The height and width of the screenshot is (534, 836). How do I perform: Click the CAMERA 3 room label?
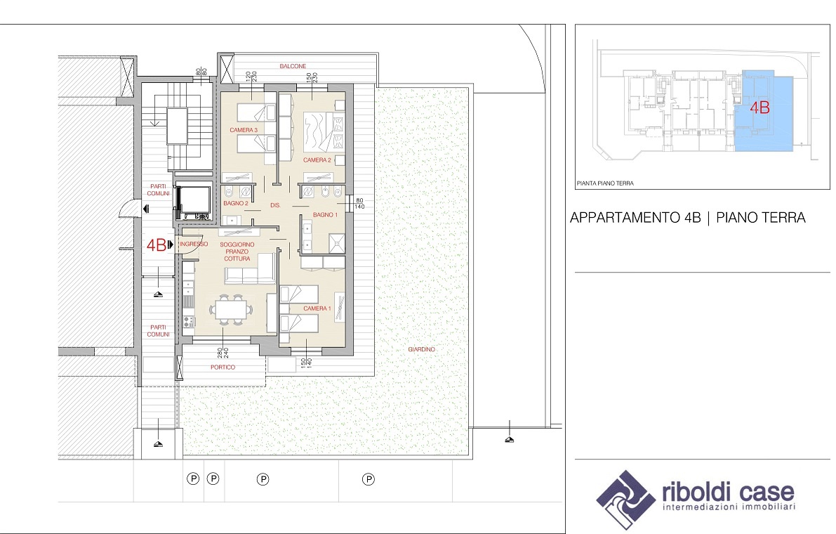pos(244,130)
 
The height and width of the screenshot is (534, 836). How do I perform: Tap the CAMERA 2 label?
pos(317,160)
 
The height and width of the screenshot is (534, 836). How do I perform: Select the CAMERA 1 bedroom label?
pos(317,308)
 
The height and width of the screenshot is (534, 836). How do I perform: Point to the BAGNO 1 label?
pos(325,215)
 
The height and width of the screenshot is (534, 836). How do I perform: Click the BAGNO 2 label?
pos(236,203)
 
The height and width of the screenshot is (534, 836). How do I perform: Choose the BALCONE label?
pos(293,66)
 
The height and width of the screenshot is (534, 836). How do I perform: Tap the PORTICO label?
pos(223,367)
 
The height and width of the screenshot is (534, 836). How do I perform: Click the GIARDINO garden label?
pos(422,349)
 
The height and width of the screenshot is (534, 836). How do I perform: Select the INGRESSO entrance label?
pos(194,245)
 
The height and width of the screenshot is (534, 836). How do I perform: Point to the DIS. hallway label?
pos(275,205)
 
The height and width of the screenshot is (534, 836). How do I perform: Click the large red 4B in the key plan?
pos(759,108)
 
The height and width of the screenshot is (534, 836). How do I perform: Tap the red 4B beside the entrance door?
pos(157,245)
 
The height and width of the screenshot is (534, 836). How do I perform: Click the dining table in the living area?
pos(231,309)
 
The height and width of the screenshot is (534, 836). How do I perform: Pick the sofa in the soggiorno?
pos(249,271)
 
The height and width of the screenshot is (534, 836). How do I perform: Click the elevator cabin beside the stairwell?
pos(193,202)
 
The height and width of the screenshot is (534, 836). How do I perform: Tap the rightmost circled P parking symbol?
pos(369,479)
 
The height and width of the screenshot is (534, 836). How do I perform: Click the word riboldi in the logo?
pos(698,491)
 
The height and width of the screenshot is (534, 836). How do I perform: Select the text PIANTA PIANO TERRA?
pos(605,183)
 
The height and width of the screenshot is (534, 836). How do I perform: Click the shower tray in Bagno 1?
pos(336,242)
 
